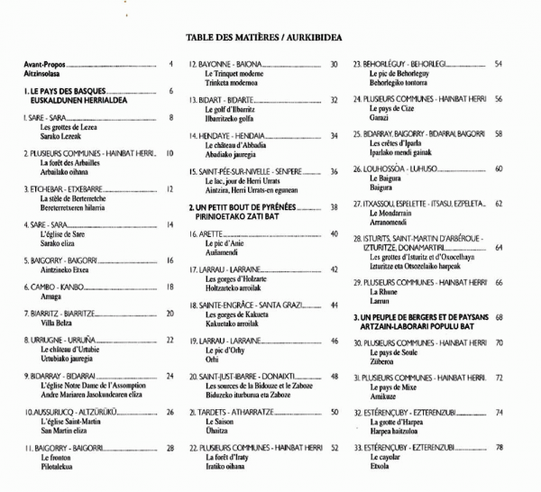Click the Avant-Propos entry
point(44,64)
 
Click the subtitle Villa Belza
point(56,323)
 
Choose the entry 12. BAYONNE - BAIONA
point(225,64)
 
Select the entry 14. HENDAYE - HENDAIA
point(226,135)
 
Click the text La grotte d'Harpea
point(398,423)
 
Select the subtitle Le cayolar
point(389,458)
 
